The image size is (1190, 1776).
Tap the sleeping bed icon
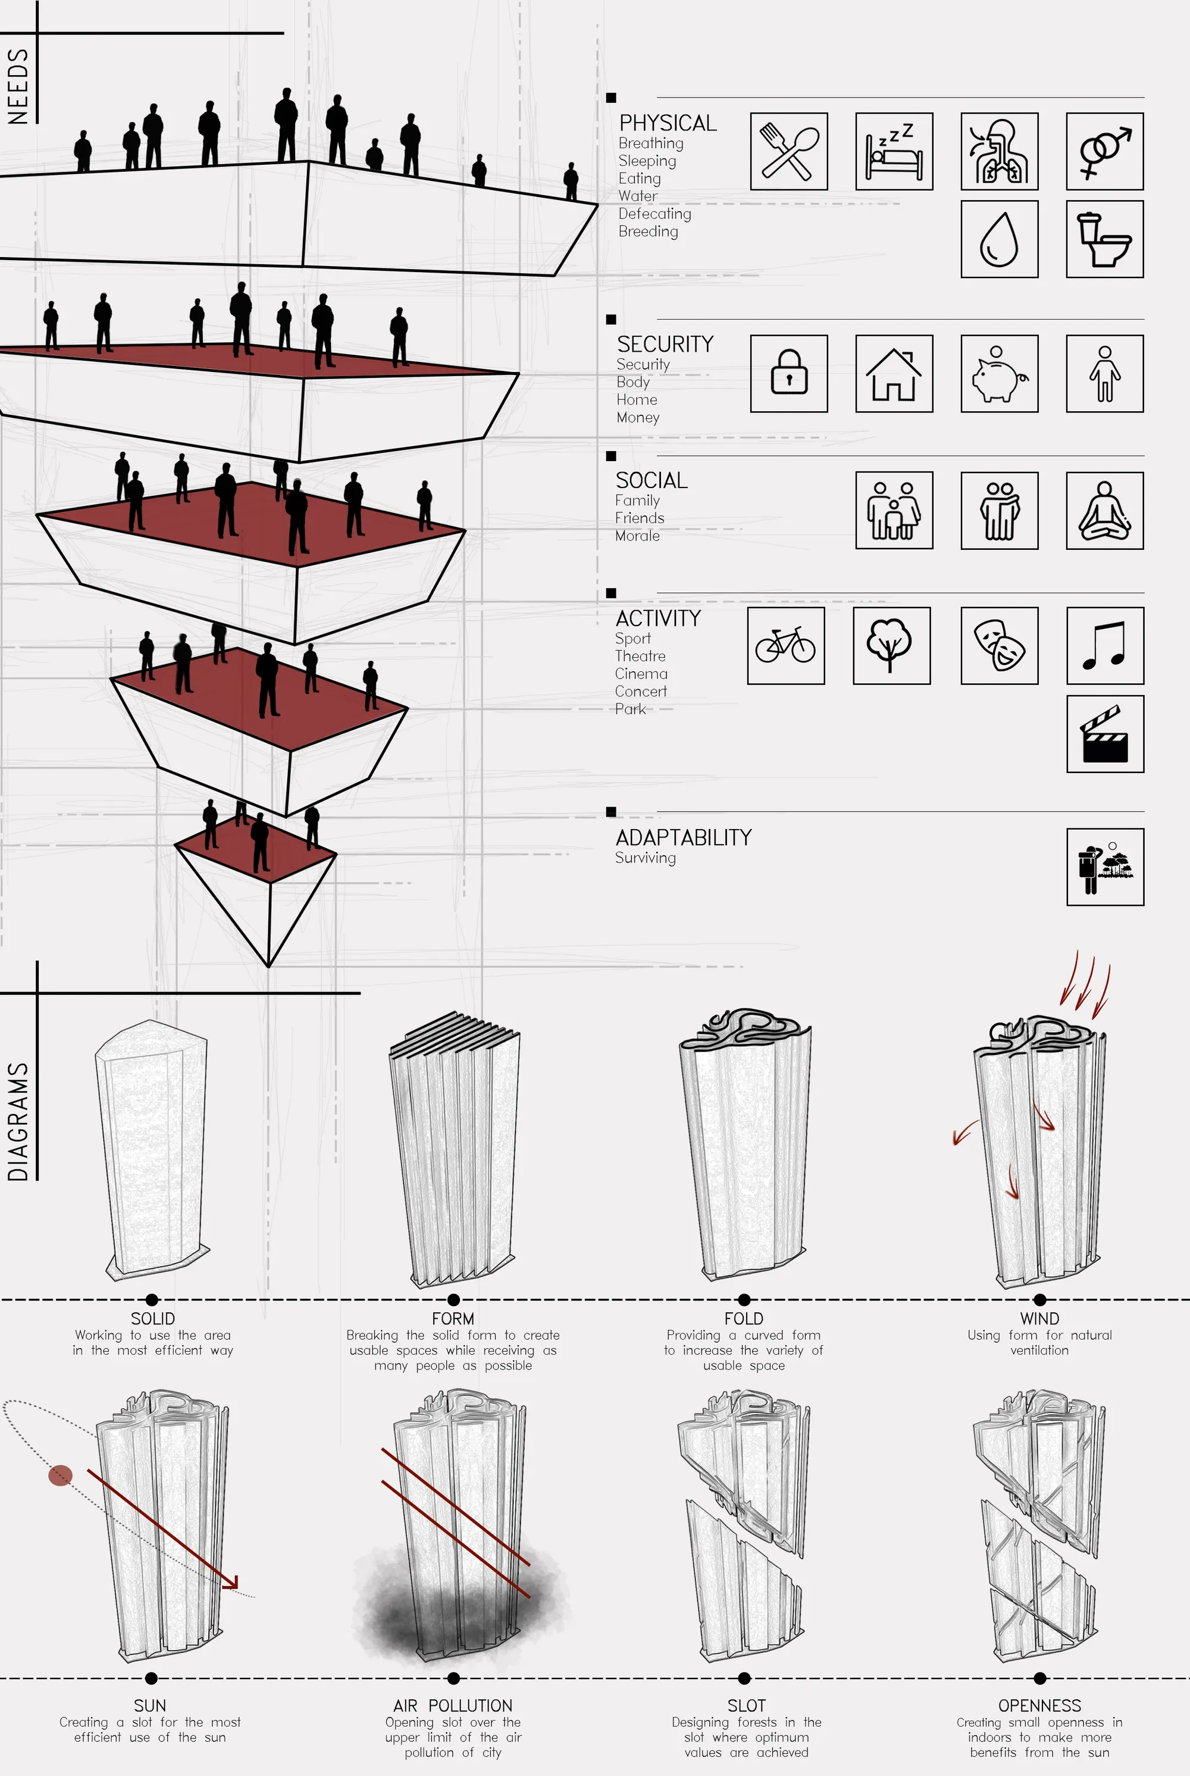click(894, 151)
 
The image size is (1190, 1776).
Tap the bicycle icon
click(785, 645)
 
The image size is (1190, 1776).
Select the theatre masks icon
click(1000, 645)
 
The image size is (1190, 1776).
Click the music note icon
click(1104, 645)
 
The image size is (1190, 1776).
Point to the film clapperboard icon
click(1104, 734)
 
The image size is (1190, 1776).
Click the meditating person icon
click(1105, 510)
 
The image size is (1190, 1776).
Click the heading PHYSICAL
click(668, 123)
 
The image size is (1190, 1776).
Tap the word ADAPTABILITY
click(684, 837)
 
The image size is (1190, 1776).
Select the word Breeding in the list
click(648, 232)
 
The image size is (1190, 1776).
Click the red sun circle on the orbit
click(61, 1476)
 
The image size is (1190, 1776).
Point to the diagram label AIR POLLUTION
click(453, 1705)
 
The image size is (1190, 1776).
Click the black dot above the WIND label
click(1039, 1299)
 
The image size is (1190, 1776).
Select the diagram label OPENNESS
click(1039, 1705)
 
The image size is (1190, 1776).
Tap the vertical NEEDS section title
click(18, 86)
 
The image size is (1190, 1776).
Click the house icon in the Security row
click(894, 373)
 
